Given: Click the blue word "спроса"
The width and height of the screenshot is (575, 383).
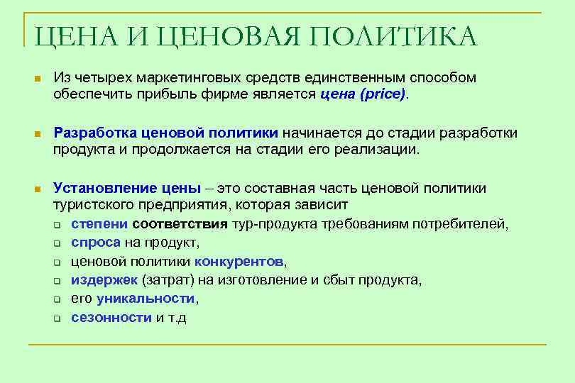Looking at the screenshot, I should pos(96,243).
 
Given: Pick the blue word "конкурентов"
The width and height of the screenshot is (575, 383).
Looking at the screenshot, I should pos(239,261).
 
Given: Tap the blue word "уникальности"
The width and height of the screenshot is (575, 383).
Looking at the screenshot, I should pos(145,298).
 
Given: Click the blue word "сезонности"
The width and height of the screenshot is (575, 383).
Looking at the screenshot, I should pos(111,316).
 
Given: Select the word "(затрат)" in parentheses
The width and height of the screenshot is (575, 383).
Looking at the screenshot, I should pos(165,279).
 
